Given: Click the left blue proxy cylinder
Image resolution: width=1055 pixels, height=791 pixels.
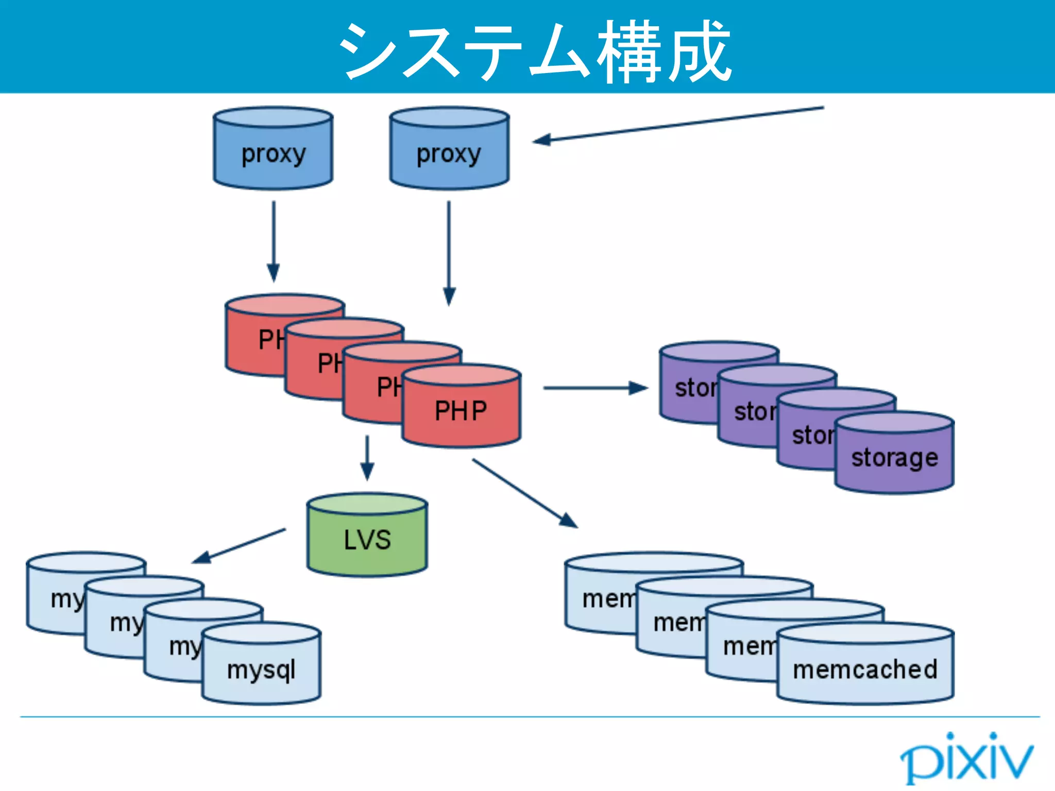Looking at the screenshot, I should click(x=273, y=149).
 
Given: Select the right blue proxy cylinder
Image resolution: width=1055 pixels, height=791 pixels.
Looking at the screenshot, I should click(x=449, y=149).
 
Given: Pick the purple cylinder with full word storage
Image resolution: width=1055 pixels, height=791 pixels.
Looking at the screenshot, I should click(x=894, y=456).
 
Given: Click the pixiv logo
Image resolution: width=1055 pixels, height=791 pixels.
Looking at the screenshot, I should click(x=966, y=757).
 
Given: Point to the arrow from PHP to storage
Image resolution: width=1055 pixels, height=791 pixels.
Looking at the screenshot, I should click(x=595, y=388).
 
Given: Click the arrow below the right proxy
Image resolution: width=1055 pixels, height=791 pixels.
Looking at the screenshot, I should click(x=449, y=252).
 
